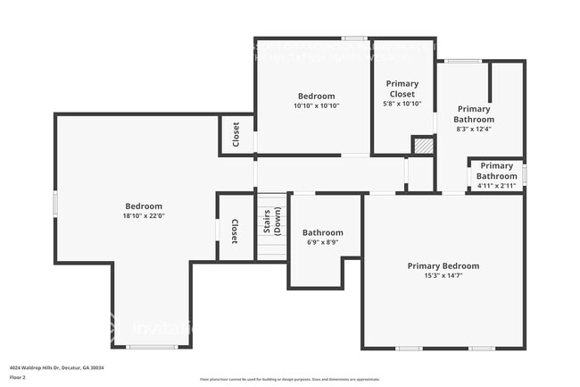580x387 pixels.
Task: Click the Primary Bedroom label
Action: pyautogui.click(x=443, y=265)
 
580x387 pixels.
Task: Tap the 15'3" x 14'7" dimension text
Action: pyautogui.click(x=443, y=276)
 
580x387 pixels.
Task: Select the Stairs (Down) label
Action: pyautogui.click(x=271, y=223)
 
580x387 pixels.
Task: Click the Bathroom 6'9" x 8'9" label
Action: pyautogui.click(x=322, y=232)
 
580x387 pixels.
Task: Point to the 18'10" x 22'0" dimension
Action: pyautogui.click(x=144, y=216)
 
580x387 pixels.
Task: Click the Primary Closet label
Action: pyautogui.click(x=402, y=88)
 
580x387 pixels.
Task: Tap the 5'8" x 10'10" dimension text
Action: pyautogui.click(x=402, y=105)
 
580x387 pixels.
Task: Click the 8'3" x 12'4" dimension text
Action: pyautogui.click(x=474, y=129)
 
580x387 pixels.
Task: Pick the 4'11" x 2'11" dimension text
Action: pyautogui.click(x=496, y=186)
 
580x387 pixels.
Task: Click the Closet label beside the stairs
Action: pyautogui.click(x=235, y=231)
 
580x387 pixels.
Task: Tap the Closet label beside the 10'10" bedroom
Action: pyautogui.click(x=236, y=134)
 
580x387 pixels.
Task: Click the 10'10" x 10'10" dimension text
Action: pyautogui.click(x=316, y=105)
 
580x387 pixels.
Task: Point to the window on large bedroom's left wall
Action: pyautogui.click(x=55, y=203)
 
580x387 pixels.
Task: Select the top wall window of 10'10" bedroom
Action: pyautogui.click(x=355, y=38)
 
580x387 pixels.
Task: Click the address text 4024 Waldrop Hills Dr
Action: pyautogui.click(x=51, y=368)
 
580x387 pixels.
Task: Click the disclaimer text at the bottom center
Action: pyautogui.click(x=289, y=380)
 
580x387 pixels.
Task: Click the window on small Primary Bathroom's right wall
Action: pyautogui.click(x=525, y=175)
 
